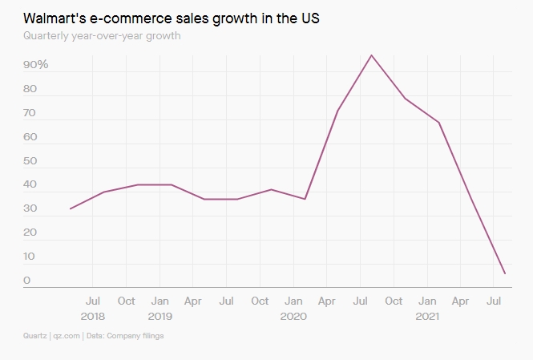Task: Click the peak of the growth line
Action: point(371,55)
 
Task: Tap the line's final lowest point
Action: point(505,273)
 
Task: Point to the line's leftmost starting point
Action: point(71,208)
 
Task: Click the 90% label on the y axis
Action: point(36,64)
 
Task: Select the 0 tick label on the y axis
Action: point(27,281)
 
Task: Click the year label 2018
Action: point(92,316)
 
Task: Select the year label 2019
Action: point(159,316)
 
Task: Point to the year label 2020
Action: point(293,316)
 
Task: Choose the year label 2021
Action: point(427,316)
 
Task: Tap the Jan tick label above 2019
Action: point(159,301)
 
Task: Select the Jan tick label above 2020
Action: point(293,301)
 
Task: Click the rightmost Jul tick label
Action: point(495,301)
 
